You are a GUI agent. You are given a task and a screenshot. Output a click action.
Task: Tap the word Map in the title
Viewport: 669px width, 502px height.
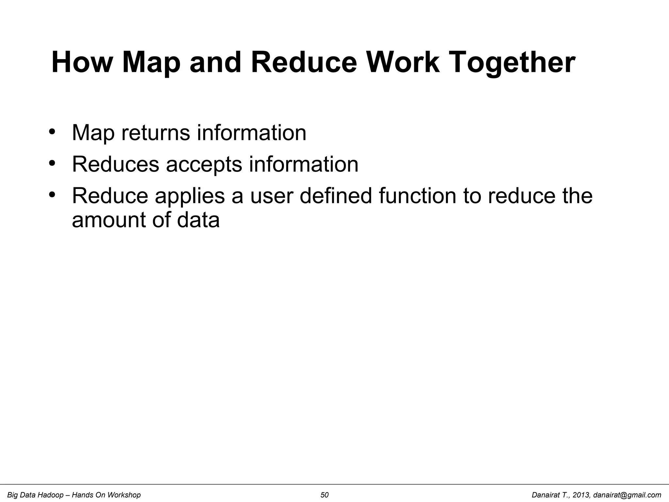tap(151, 63)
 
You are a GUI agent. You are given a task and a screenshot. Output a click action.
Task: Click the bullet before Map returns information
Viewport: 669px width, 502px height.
tap(52, 132)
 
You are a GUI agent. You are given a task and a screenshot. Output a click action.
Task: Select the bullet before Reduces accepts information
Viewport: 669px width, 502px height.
tap(52, 163)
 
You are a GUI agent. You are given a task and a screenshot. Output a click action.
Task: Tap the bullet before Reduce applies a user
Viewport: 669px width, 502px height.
tap(52, 195)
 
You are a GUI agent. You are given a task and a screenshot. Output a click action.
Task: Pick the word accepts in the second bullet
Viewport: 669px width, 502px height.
tap(204, 165)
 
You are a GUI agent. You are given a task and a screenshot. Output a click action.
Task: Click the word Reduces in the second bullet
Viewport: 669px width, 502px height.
tap(115, 164)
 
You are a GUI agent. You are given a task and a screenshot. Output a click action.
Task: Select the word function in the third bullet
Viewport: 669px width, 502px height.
tap(417, 196)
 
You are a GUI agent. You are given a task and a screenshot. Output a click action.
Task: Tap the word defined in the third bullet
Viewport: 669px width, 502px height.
tap(335, 196)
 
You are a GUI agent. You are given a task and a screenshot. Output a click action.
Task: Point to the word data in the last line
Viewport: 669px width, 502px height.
tap(198, 220)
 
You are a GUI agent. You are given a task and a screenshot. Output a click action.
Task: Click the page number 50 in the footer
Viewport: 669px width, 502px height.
tap(324, 495)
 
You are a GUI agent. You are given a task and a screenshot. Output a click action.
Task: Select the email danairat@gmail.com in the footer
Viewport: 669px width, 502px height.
tap(627, 495)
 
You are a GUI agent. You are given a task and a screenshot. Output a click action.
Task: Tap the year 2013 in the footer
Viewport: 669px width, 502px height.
tap(581, 495)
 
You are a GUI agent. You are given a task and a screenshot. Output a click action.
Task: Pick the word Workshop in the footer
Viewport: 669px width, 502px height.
tap(124, 495)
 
